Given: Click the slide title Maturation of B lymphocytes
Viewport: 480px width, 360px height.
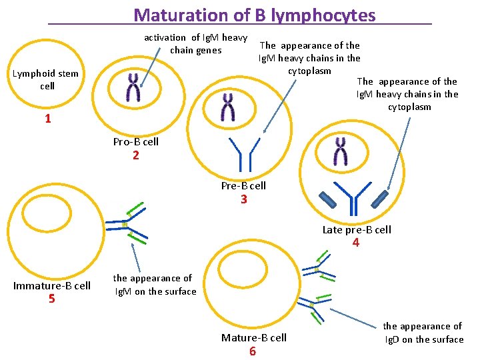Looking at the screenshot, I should pos(255,15).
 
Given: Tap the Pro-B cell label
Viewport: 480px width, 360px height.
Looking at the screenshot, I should pos(136,142).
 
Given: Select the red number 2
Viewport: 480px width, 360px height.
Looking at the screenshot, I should pos(136,155).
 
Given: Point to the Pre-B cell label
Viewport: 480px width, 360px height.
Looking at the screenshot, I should pos(243,186).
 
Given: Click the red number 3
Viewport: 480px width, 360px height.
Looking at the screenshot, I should pos(244,199).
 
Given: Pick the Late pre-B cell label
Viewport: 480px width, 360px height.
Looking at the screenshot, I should pos(357,230).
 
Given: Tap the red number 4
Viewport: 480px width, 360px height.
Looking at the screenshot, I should pos(356,243).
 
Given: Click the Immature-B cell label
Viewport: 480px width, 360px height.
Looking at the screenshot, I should pos(52,285).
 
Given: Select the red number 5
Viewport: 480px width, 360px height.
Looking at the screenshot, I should pos(51,299).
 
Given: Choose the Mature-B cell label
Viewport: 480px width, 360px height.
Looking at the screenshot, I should pos(254,338).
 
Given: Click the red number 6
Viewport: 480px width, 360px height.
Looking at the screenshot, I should pos(252,351).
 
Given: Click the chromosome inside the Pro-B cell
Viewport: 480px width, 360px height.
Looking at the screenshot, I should pos(134,88).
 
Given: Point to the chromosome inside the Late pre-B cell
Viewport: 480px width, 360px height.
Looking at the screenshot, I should pos(341,152).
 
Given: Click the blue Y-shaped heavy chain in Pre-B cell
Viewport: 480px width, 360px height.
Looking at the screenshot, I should pos(243,152).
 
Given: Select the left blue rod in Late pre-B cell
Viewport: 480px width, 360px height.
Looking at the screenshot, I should pos(328,199).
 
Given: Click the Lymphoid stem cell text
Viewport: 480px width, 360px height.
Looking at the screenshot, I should pos(45,80).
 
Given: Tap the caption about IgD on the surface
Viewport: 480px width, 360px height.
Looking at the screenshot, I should pos(423,333).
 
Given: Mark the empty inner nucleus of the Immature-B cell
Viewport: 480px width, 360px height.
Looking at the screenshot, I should pos(43,215).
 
